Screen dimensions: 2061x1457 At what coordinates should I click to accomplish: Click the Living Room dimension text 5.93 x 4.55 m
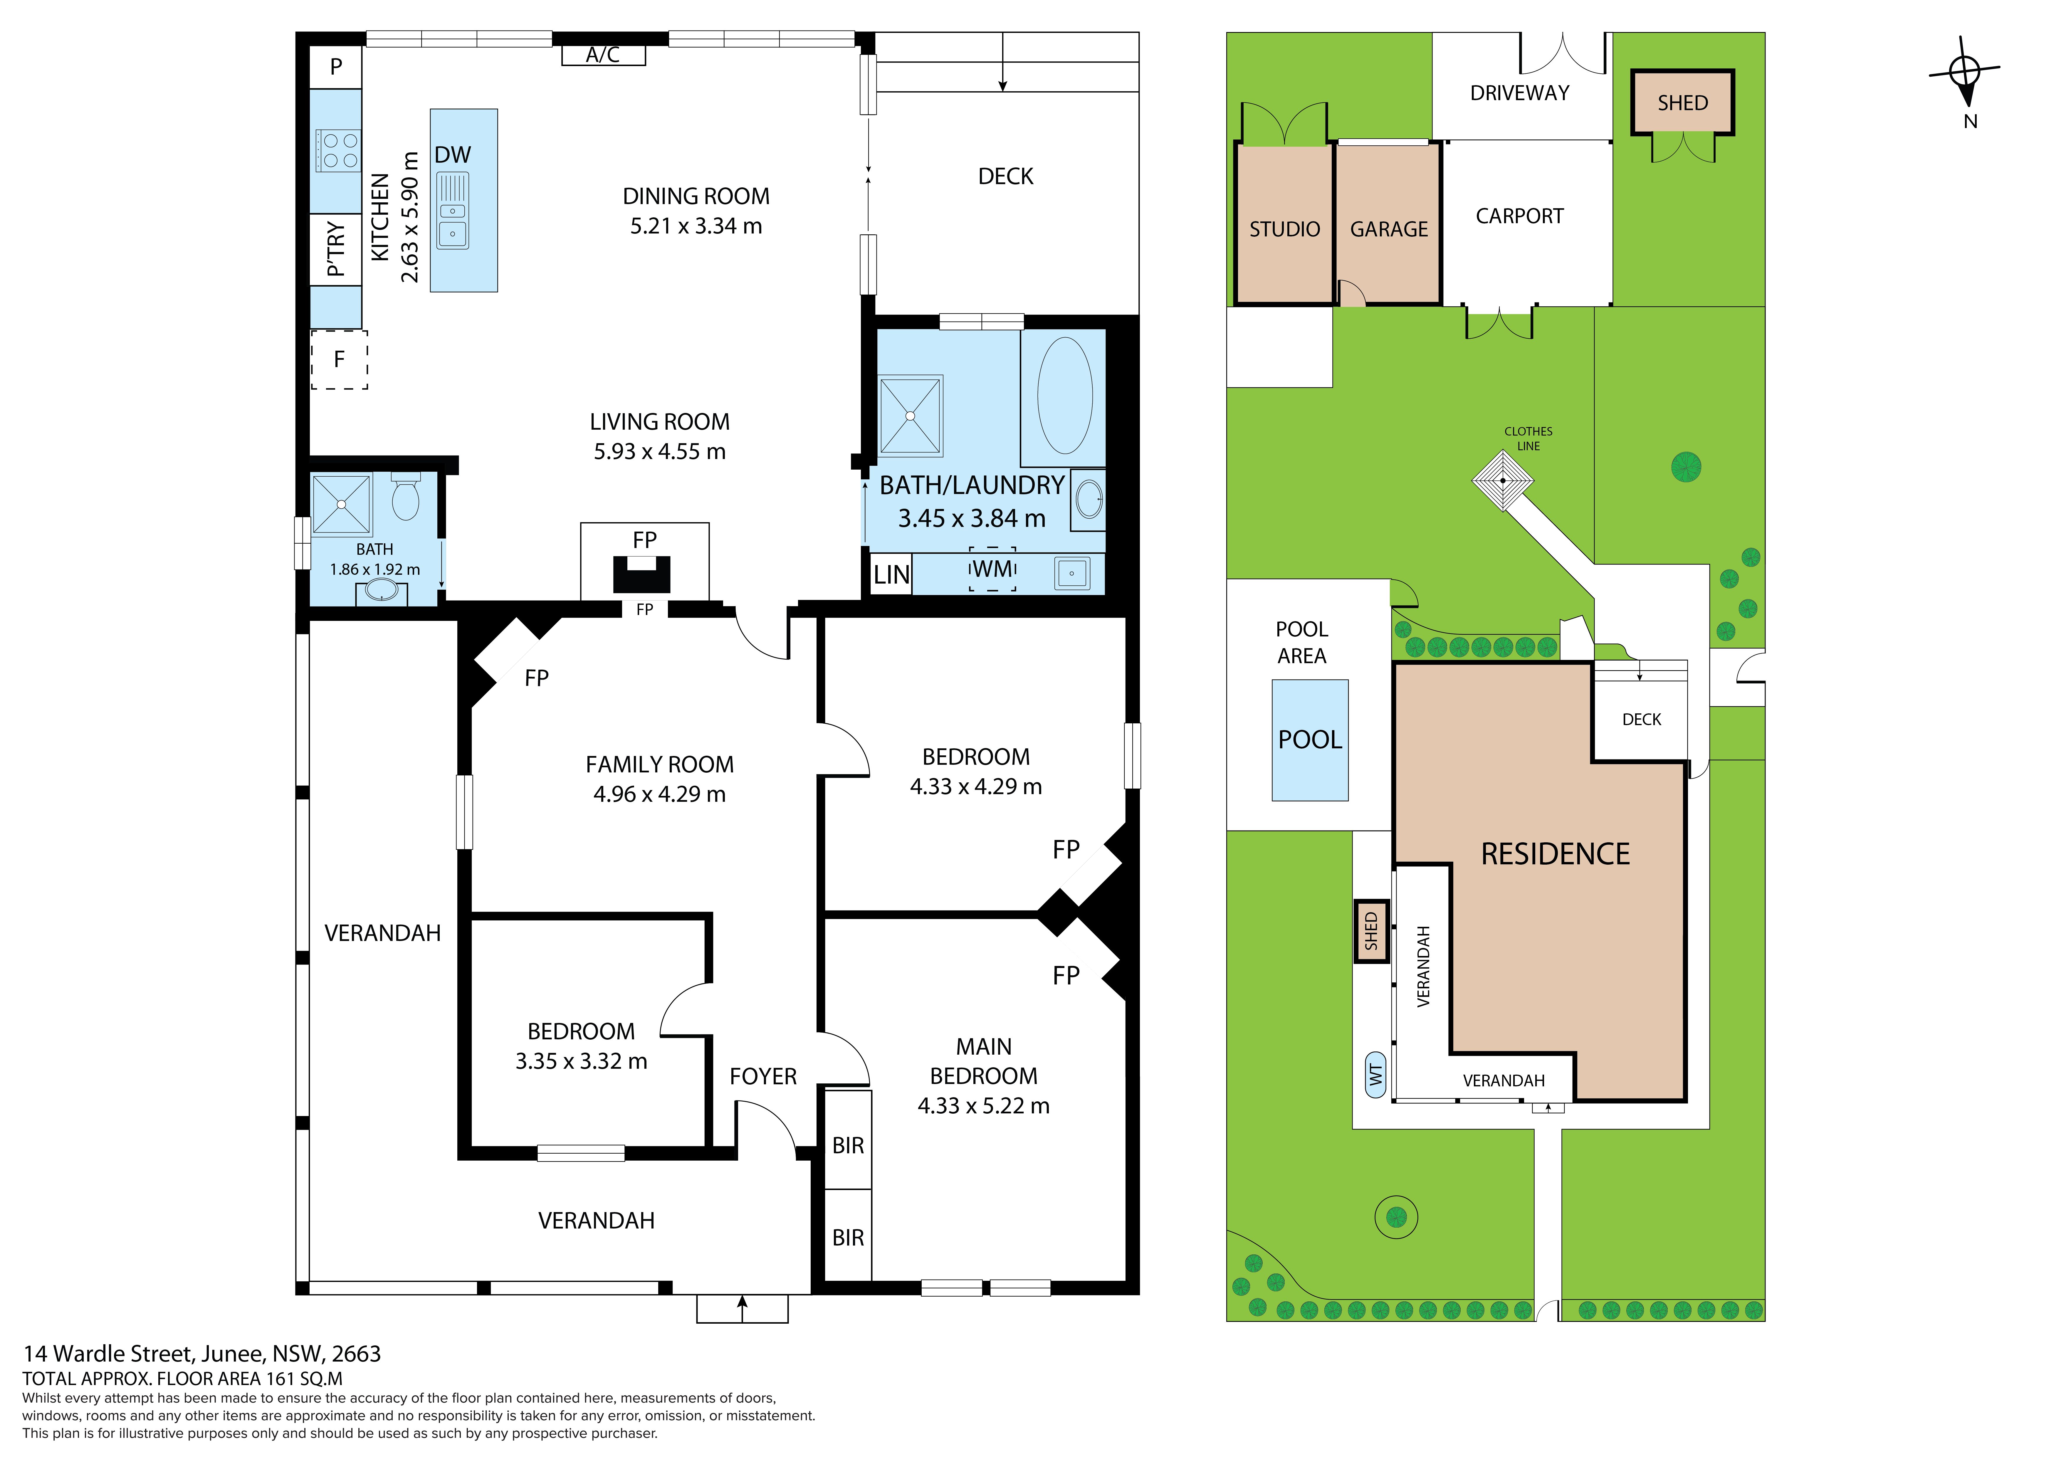point(660,452)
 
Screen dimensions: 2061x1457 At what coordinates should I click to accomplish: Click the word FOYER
point(763,1076)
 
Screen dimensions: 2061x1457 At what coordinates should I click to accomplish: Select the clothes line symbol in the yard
point(1503,480)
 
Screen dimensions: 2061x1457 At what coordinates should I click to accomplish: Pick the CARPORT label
point(1520,216)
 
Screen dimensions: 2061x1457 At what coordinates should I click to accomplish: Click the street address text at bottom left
point(202,1354)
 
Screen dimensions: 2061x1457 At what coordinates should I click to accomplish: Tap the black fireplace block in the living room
point(642,574)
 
